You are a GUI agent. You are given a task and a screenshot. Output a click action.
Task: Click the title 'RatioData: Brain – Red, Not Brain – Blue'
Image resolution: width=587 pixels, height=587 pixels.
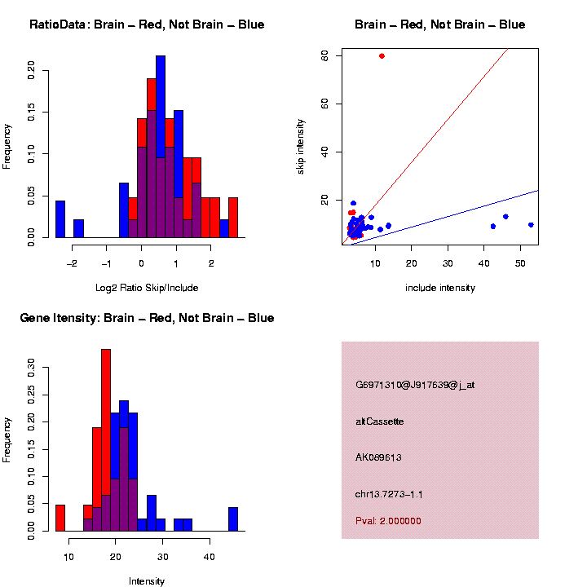pos(147,24)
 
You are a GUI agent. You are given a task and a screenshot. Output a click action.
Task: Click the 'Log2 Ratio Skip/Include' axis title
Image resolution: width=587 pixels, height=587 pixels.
pos(147,287)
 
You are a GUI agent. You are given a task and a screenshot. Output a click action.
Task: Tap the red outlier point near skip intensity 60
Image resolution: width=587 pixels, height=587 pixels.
pos(382,55)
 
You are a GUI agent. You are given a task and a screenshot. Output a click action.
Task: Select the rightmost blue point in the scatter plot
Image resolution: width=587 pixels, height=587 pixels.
pos(531,225)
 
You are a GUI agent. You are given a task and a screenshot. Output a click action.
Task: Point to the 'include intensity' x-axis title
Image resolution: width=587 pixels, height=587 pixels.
pos(439,287)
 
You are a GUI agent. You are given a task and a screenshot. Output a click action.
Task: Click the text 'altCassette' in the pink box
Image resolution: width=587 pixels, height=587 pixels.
pos(380,421)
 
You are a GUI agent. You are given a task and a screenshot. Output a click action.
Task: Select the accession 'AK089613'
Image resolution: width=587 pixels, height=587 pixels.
pos(378,457)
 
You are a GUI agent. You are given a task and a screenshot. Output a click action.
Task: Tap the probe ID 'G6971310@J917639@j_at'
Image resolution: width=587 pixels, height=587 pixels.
pos(415,385)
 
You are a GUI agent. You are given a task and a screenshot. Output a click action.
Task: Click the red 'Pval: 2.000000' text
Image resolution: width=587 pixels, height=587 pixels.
pos(388,521)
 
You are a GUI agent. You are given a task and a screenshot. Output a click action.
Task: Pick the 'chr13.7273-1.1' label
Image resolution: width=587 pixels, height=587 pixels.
pos(389,494)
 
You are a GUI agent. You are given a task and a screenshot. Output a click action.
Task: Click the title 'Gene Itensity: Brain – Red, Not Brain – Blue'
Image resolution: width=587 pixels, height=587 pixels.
pos(147,318)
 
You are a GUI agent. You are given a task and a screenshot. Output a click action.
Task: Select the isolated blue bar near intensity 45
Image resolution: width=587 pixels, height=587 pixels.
pos(233,519)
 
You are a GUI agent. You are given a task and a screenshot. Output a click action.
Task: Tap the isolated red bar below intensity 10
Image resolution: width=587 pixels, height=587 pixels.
pos(60,518)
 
